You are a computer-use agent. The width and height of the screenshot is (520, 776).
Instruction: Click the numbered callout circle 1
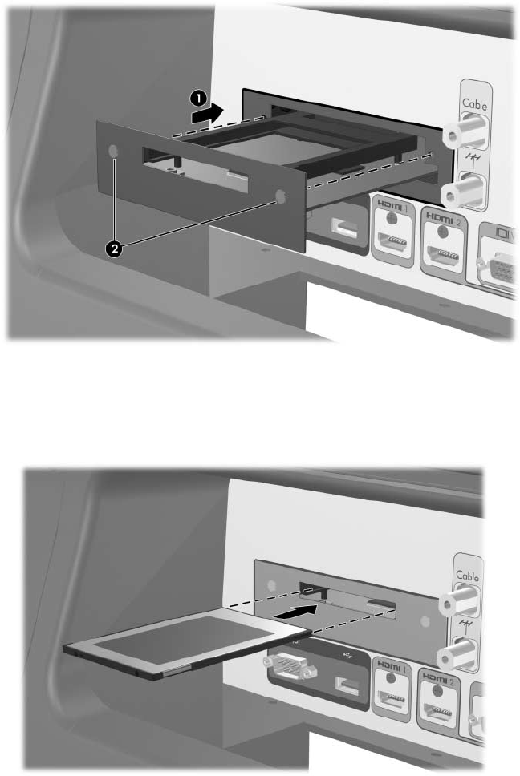(198, 99)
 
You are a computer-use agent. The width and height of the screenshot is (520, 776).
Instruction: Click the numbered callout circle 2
(115, 249)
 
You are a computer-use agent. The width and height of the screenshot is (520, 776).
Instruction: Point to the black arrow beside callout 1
(208, 115)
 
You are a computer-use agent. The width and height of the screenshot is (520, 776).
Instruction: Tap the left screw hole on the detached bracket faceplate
(113, 151)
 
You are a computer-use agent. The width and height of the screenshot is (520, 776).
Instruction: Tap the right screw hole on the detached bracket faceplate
(280, 196)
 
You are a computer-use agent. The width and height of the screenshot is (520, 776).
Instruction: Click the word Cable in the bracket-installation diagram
(474, 104)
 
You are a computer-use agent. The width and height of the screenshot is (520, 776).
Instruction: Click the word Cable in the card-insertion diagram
(468, 576)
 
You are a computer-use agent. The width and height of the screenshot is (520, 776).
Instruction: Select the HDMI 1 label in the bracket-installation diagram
(392, 205)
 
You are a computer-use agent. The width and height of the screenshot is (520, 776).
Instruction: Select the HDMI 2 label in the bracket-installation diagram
(443, 219)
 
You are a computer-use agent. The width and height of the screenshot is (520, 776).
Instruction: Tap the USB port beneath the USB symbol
(348, 685)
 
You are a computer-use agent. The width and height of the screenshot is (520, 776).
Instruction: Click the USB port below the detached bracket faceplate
(343, 229)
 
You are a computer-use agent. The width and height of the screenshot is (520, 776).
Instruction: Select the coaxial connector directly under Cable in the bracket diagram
(465, 130)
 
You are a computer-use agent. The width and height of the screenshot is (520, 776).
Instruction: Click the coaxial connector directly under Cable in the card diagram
(459, 600)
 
